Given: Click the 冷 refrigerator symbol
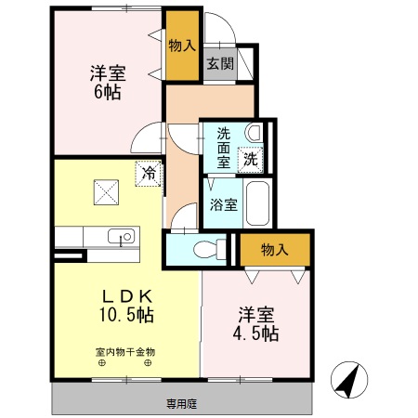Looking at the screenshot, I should (x=148, y=173).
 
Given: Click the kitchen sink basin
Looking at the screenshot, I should (x=122, y=237).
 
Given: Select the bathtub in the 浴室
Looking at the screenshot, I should (x=259, y=202).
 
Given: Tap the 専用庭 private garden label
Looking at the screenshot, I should (x=182, y=404).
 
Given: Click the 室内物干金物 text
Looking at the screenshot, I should (x=124, y=352).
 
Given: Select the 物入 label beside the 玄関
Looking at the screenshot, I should (x=182, y=43).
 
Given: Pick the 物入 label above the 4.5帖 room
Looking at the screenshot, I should (x=274, y=249).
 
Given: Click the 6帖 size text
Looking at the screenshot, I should (x=107, y=92).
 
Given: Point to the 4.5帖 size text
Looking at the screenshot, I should (x=256, y=333).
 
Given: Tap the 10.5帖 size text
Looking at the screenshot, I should (x=124, y=315).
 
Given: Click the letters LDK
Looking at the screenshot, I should (x=124, y=295).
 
